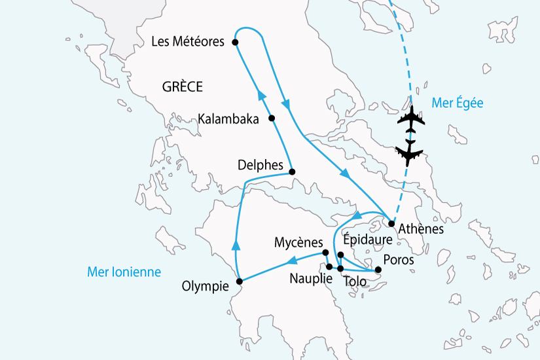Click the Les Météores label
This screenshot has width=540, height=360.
pyautogui.click(x=188, y=42)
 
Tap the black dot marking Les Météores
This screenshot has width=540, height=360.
pyautogui.click(x=235, y=43)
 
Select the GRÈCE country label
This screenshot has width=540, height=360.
pyautogui.click(x=182, y=86)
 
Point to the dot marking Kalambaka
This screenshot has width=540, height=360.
pyautogui.click(x=272, y=118)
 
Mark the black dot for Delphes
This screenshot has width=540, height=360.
pyautogui.click(x=292, y=172)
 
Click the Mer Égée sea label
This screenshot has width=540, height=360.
pyautogui.click(x=458, y=102)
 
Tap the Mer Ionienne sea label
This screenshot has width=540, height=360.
pyautogui.click(x=124, y=272)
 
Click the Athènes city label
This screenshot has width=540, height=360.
pyautogui.click(x=421, y=230)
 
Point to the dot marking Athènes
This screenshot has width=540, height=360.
pyautogui.click(x=391, y=224)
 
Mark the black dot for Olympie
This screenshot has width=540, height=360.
pyautogui.click(x=239, y=281)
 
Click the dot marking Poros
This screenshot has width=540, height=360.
pyautogui.click(x=378, y=270)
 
